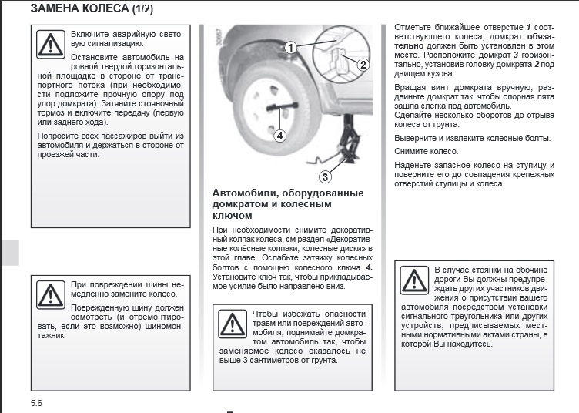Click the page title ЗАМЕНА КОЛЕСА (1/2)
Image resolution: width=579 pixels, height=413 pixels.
91,10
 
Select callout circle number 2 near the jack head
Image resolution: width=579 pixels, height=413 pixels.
363,65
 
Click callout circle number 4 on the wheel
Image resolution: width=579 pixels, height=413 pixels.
279,136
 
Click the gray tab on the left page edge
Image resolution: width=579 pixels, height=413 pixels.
9,252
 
